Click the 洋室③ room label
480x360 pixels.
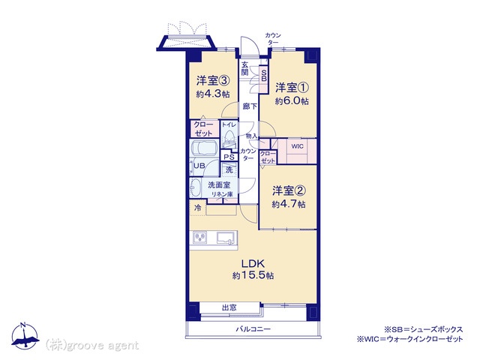[213, 81]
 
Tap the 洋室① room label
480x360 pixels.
[292, 88]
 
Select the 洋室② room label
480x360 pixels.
[289, 191]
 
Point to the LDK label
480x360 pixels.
[253, 263]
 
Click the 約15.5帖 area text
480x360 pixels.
[253, 275]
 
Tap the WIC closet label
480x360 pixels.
[297, 146]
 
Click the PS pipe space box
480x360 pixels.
[229, 157]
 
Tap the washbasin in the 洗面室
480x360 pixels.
[194, 187]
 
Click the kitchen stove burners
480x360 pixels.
[200, 238]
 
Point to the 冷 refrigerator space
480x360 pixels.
[198, 208]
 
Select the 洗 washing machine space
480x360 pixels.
[229, 169]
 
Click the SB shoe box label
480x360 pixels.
[264, 75]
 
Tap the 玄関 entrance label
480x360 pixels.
[244, 68]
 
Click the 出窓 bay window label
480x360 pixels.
[229, 307]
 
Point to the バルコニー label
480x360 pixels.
[253, 329]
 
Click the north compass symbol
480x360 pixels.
[25, 336]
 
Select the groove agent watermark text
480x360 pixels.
[92, 346]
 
